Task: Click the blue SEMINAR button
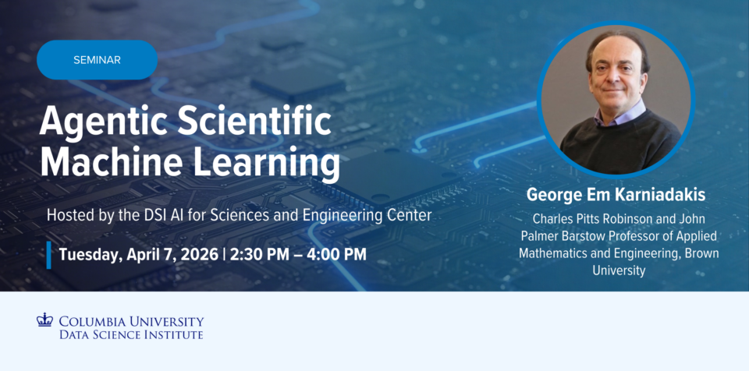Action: pos(97,60)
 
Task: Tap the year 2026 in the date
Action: pos(198,254)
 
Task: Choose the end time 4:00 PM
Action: pos(337,254)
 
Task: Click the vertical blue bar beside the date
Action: pos(48,254)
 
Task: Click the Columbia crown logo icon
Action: pos(44,320)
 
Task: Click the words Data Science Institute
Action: pos(131,334)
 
